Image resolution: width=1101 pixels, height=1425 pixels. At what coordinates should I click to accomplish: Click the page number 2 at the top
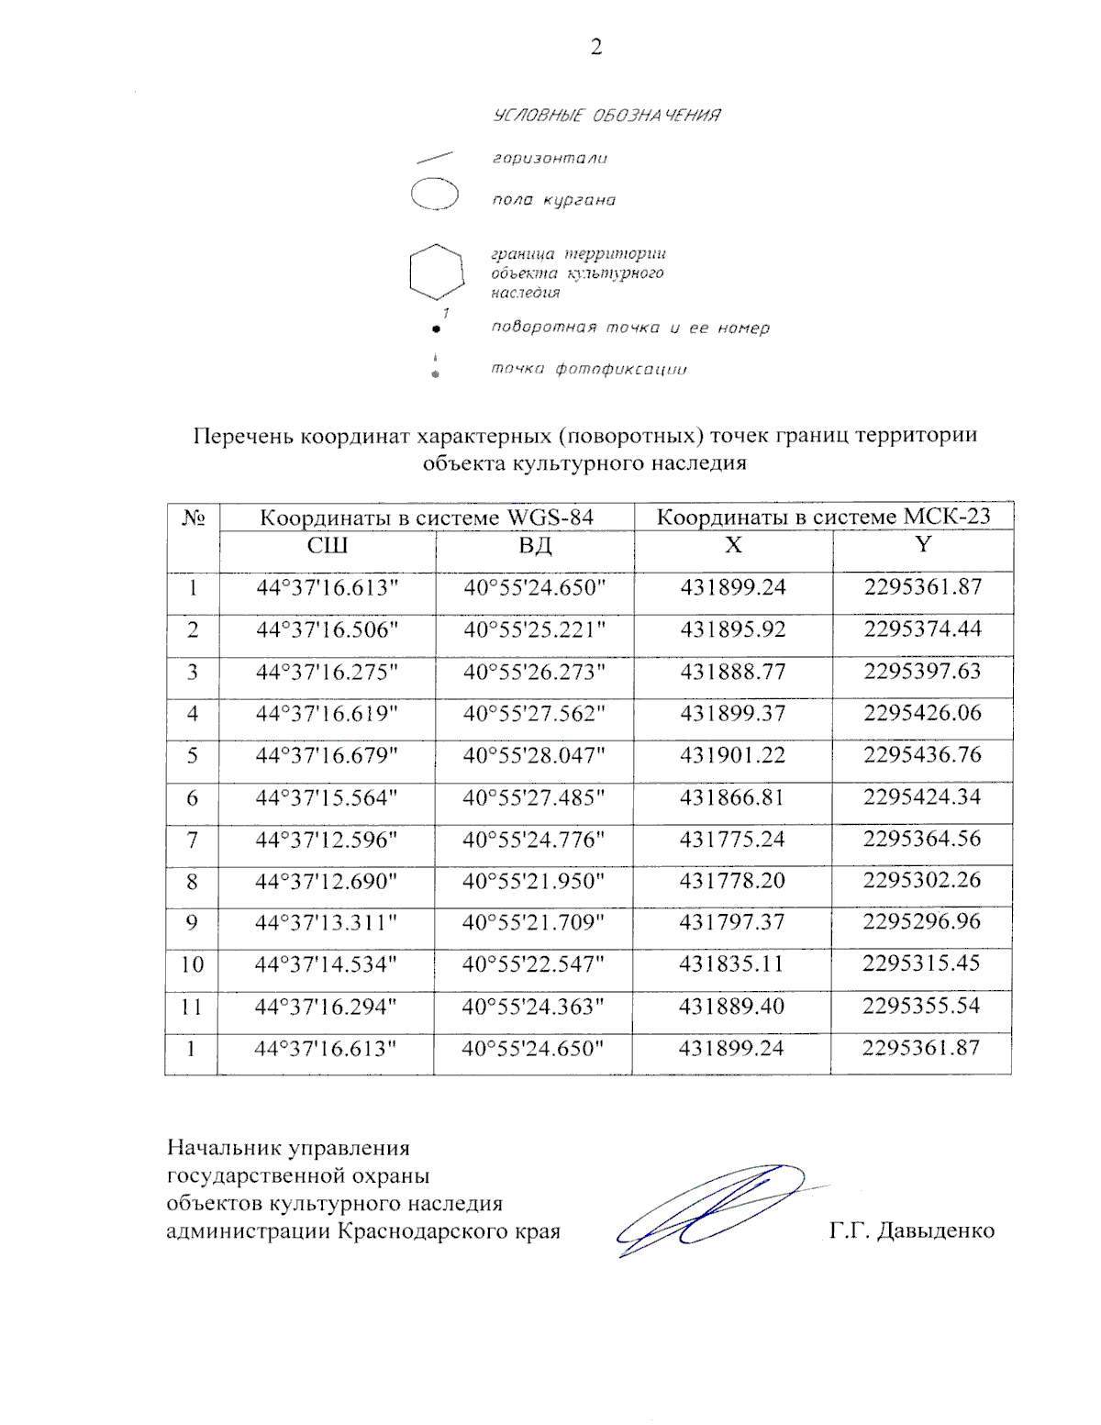[x=596, y=47]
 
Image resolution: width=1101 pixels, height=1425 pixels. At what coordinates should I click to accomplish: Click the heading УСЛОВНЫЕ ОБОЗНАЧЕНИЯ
[x=606, y=116]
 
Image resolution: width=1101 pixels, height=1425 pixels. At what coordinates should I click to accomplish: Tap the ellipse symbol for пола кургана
[x=434, y=195]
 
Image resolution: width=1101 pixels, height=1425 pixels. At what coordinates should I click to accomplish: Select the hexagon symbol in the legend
[x=436, y=272]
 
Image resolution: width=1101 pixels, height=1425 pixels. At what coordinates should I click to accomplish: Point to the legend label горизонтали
[x=550, y=159]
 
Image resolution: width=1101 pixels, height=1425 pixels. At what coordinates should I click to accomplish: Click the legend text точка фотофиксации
[x=588, y=369]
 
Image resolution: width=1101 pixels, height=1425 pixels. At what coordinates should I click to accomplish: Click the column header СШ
[x=327, y=546]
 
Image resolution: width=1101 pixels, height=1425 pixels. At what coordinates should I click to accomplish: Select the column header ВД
[x=535, y=546]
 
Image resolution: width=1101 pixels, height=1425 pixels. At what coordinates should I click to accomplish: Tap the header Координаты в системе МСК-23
[x=823, y=517]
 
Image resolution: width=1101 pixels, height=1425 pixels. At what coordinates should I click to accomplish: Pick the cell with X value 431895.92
[x=732, y=629]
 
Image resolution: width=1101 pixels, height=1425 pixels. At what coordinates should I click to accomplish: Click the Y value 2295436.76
[x=922, y=755]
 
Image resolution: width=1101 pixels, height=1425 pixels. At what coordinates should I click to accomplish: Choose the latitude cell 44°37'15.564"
[x=327, y=797]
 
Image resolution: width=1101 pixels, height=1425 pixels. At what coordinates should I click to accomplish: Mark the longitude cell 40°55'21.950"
[x=533, y=881]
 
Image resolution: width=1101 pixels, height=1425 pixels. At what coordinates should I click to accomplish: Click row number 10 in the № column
[x=192, y=964]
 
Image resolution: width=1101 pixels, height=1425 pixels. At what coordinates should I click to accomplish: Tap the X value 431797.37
[x=732, y=922]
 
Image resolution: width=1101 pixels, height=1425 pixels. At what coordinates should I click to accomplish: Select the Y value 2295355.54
[x=921, y=1006]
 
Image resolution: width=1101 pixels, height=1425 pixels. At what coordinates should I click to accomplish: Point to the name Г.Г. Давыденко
[x=911, y=1230]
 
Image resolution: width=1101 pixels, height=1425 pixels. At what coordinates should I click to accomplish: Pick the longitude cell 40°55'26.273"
[x=534, y=672]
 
